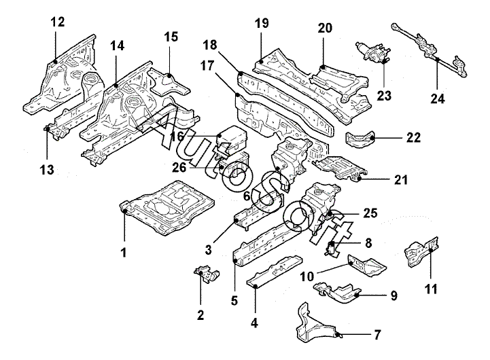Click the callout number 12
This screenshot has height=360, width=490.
pyautogui.click(x=58, y=22)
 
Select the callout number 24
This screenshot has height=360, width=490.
pyautogui.click(x=438, y=98)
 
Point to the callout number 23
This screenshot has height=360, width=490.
pyautogui.click(x=385, y=96)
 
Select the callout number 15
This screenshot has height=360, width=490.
pyautogui.click(x=171, y=36)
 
